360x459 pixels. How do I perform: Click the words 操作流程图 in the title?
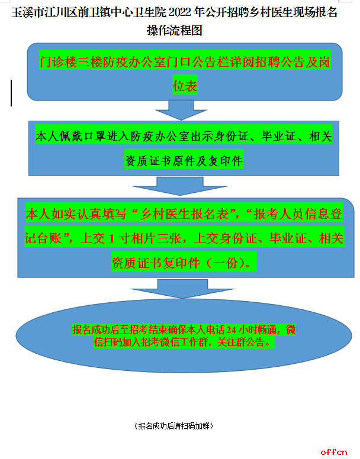(175, 30)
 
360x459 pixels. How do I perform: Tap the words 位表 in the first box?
(185, 86)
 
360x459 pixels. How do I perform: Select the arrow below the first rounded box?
(181, 110)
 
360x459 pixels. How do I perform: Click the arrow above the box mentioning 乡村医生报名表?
(180, 186)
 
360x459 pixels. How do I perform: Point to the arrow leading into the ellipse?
(182, 289)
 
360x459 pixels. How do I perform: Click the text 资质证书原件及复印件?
(184, 161)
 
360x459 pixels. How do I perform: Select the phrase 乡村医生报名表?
(185, 214)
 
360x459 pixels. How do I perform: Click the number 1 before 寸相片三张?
(111, 238)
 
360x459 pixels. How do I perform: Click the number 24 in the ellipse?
(231, 330)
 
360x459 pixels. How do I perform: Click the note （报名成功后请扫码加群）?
(173, 426)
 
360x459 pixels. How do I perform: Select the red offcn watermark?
(333, 452)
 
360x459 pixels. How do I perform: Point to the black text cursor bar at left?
(11, 93)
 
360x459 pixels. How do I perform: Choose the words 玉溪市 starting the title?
(28, 12)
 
